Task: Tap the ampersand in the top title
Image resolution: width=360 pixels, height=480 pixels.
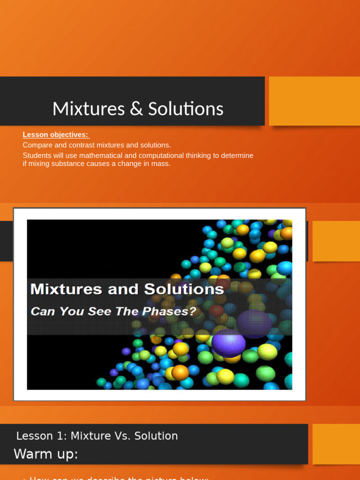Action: pos(134,109)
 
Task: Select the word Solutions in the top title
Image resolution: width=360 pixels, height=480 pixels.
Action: pos(186,109)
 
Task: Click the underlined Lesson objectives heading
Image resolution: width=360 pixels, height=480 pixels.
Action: pos(56,135)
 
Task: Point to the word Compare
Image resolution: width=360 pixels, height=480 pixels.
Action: pos(37,145)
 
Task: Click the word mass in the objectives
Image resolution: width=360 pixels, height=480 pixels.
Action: pos(161,164)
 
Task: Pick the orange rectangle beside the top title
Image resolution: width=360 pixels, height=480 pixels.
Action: pos(314,101)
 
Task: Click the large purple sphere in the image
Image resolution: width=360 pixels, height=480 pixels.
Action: pos(228,343)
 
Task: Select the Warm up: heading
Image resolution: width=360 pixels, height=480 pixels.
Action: pos(46,454)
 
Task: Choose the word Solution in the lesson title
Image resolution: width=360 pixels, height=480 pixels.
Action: pos(156,436)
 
